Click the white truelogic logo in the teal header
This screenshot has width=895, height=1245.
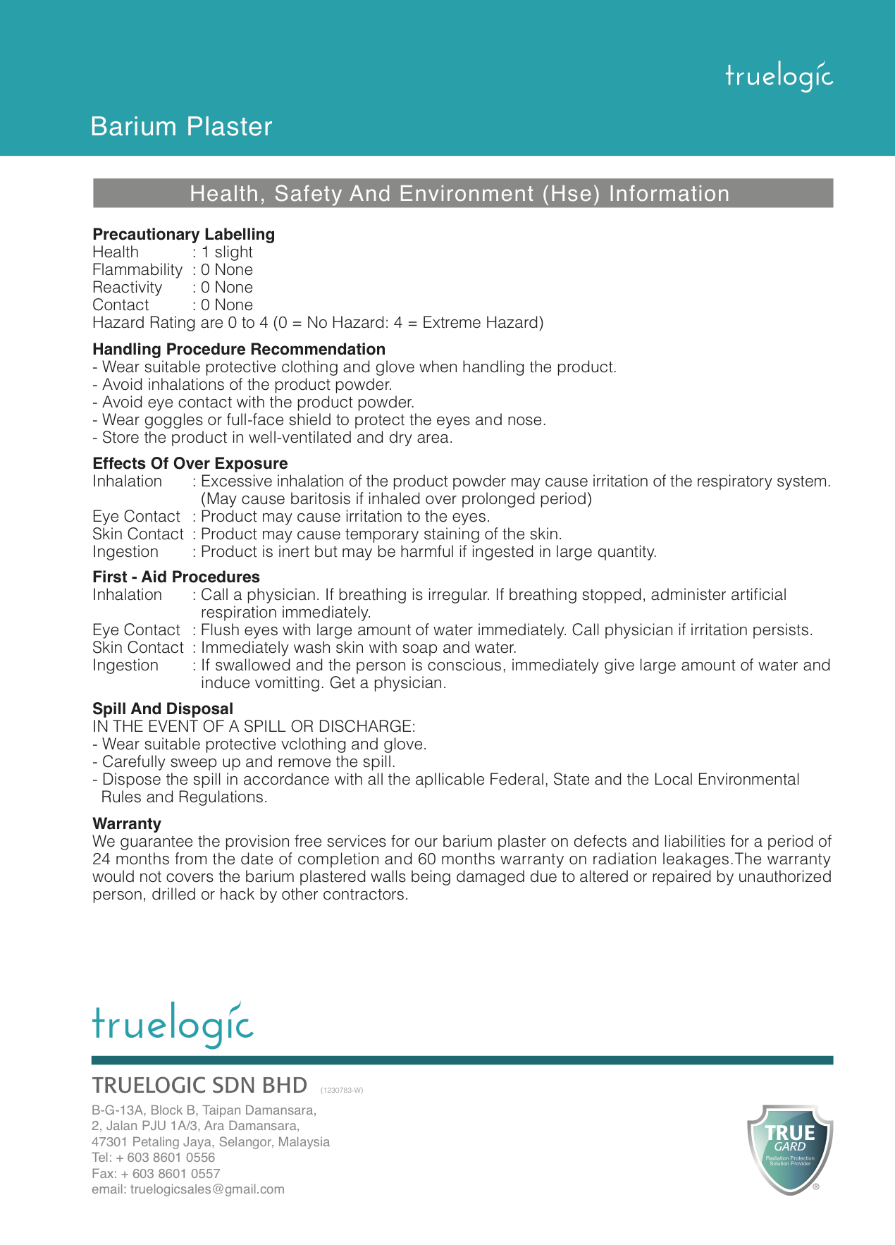coord(779,76)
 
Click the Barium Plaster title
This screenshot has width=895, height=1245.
coord(181,127)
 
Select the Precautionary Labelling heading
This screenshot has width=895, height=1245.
coord(183,234)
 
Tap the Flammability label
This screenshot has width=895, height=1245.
coord(137,270)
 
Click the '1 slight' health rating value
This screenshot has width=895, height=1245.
coord(227,252)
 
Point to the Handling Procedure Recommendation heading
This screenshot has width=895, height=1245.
coord(239,349)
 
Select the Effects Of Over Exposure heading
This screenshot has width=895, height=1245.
coord(190,463)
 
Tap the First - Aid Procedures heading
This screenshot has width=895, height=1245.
coord(176,577)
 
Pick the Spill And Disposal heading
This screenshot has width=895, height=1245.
coord(163,709)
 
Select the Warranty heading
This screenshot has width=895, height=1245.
coord(127,823)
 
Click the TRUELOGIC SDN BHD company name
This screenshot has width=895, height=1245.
coord(199,1085)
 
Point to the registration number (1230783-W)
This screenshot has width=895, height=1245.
coord(342,1090)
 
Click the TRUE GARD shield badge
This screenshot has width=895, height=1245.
coord(790,1149)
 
